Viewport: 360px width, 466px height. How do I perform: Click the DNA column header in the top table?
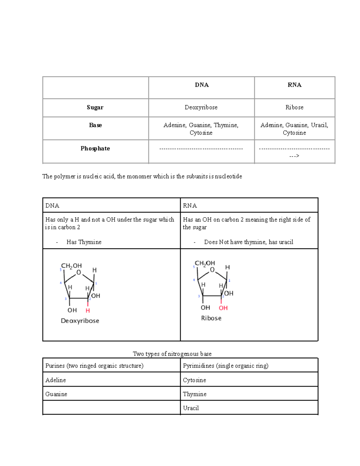point(202,85)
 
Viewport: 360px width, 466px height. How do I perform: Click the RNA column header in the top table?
point(294,85)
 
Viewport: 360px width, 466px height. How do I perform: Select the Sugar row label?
point(95,107)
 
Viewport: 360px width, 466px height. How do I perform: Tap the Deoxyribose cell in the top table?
point(201,107)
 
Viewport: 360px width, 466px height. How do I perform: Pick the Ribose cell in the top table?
point(294,107)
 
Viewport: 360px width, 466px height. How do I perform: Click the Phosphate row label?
point(95,149)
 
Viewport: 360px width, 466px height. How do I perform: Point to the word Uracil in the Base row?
point(319,125)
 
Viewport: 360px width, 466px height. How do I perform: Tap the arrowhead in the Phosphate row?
point(294,156)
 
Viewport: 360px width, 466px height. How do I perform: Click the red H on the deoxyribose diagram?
point(88,311)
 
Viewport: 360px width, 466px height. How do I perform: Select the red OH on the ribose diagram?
point(223,308)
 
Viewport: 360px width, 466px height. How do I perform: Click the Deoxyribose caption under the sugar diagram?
point(80,321)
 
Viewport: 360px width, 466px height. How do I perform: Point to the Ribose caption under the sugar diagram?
point(211,318)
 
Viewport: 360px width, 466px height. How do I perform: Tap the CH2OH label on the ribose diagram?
point(205,263)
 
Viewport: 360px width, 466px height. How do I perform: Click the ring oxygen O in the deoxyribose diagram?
point(79,272)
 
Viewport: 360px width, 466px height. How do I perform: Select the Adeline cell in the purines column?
point(55,380)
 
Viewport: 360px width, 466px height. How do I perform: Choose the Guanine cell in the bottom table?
point(56,394)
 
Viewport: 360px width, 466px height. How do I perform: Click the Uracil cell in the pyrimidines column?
point(191,408)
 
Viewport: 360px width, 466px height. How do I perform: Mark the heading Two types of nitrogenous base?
point(172,354)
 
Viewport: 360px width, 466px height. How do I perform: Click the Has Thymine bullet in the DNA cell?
point(84,242)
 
